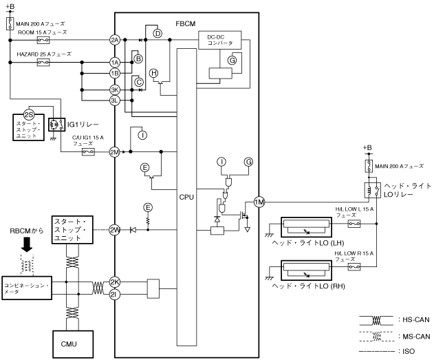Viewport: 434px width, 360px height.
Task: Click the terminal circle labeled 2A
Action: (x=115, y=40)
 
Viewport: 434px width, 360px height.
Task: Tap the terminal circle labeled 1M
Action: (x=259, y=202)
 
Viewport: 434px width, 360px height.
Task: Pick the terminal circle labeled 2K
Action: (x=115, y=283)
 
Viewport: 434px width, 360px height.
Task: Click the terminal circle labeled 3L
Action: (x=115, y=100)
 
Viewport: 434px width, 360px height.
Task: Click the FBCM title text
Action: (x=185, y=23)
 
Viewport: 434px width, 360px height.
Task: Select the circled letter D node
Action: (x=157, y=33)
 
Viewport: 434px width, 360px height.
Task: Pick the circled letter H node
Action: (x=154, y=73)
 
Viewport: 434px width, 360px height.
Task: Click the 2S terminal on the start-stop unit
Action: (x=29, y=114)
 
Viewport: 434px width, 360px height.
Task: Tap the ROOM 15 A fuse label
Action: (x=41, y=32)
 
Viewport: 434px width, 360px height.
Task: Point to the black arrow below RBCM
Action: (x=28, y=245)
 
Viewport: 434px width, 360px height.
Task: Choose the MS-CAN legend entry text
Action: (x=413, y=335)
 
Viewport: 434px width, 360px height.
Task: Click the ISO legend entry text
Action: (x=409, y=352)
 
